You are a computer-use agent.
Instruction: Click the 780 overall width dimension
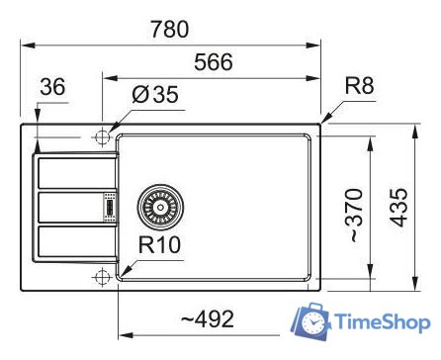169,29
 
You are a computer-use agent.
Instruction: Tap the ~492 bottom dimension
208,318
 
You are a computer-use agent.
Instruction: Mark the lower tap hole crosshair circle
101,279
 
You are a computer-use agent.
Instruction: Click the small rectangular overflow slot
109,208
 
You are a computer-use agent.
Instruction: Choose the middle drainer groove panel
71,208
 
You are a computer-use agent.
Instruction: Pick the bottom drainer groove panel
71,243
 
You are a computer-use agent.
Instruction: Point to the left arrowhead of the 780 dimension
26,45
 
